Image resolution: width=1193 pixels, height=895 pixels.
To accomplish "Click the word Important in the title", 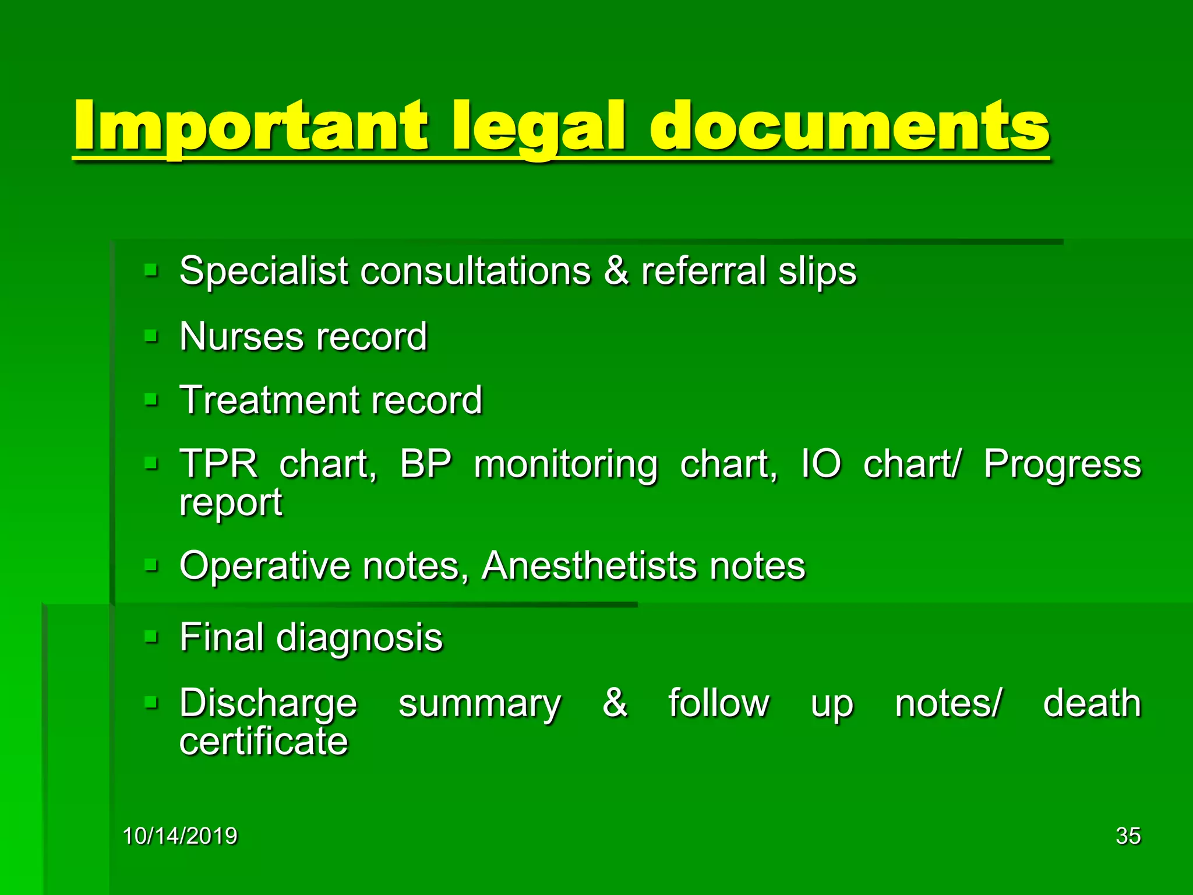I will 250,125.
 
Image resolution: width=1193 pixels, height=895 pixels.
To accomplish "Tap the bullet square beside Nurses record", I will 151,336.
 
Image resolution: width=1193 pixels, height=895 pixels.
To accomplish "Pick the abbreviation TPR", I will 218,464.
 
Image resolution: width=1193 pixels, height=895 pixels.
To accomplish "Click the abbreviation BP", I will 425,464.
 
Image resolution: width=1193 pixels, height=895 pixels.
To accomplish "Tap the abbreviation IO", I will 821,464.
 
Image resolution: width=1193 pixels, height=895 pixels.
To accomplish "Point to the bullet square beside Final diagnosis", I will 151,637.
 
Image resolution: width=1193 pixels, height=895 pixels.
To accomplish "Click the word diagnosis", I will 359,638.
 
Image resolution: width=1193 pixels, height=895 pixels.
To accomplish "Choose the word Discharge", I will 268,704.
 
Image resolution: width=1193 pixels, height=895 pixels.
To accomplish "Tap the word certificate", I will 263,741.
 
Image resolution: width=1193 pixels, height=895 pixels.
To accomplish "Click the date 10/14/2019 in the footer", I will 180,836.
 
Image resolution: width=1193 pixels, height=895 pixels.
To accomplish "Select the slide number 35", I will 1128,836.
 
